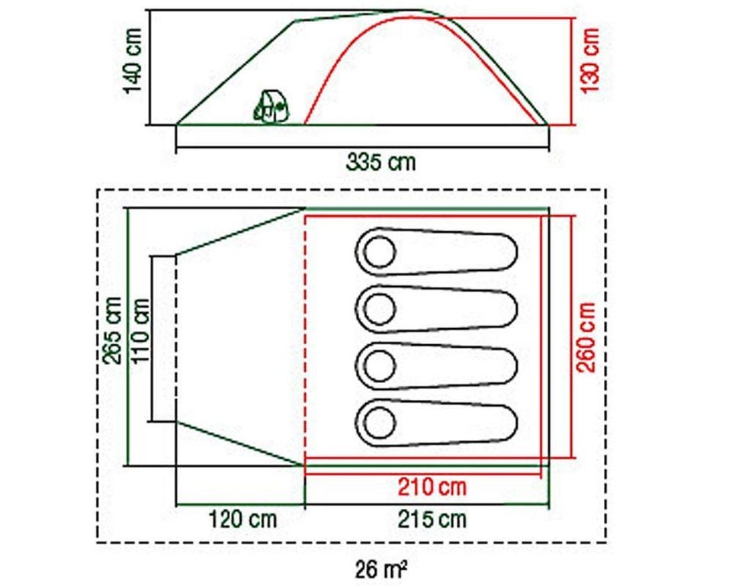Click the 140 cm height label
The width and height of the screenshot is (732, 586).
pyautogui.click(x=133, y=61)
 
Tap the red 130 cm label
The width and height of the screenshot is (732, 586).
pyautogui.click(x=589, y=61)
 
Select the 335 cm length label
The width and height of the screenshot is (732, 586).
pyautogui.click(x=380, y=163)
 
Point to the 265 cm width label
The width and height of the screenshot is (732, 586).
pyautogui.click(x=113, y=330)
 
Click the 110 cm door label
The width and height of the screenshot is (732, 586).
pyautogui.click(x=140, y=330)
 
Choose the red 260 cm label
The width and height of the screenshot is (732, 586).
pyautogui.click(x=586, y=337)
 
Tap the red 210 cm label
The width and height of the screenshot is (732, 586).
pyautogui.click(x=432, y=487)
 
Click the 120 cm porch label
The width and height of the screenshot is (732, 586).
pyautogui.click(x=242, y=519)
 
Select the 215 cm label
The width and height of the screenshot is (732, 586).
pyautogui.click(x=432, y=519)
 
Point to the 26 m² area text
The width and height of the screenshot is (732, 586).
pyautogui.click(x=381, y=569)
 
